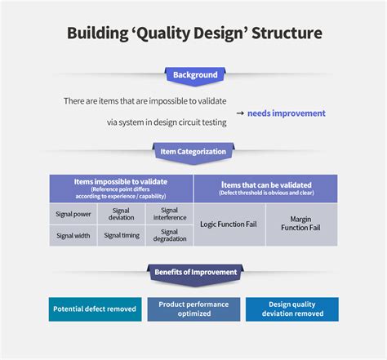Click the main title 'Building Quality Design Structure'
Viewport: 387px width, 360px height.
point(193,33)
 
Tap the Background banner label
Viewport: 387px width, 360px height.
point(194,75)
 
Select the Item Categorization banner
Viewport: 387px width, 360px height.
point(193,151)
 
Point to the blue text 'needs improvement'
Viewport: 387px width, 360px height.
point(286,113)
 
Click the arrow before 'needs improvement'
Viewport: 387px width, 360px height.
point(240,113)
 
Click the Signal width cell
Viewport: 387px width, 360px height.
point(73,235)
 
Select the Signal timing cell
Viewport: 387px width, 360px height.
point(121,235)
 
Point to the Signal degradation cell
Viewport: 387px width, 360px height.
point(169,235)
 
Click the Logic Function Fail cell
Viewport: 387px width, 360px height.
point(229,224)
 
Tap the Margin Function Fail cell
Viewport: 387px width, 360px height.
point(301,224)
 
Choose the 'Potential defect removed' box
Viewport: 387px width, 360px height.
point(95,309)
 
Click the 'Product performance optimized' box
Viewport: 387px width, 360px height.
point(193,309)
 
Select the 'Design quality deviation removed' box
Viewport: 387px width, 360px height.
point(291,309)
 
